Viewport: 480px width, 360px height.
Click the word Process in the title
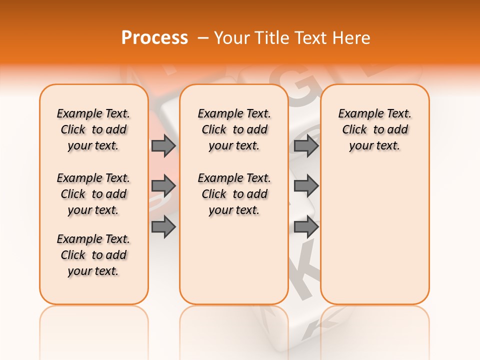tap(154, 38)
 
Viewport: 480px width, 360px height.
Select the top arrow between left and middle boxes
tap(163, 145)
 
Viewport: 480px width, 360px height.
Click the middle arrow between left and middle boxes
tap(163, 186)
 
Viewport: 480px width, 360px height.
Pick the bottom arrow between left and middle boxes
tap(163, 227)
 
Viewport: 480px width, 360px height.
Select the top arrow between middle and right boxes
tap(306, 145)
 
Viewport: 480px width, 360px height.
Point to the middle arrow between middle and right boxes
tap(306, 186)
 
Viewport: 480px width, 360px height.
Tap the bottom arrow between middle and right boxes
tap(306, 227)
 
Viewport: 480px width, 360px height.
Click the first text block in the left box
tap(93, 129)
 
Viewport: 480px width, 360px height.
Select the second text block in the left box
tap(93, 194)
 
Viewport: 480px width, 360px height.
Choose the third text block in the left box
tap(93, 255)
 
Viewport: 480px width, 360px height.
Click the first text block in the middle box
tap(234, 129)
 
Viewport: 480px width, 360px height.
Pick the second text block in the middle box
tap(234, 194)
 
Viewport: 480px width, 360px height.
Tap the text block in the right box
tap(374, 129)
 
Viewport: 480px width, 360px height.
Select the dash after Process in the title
tap(203, 38)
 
